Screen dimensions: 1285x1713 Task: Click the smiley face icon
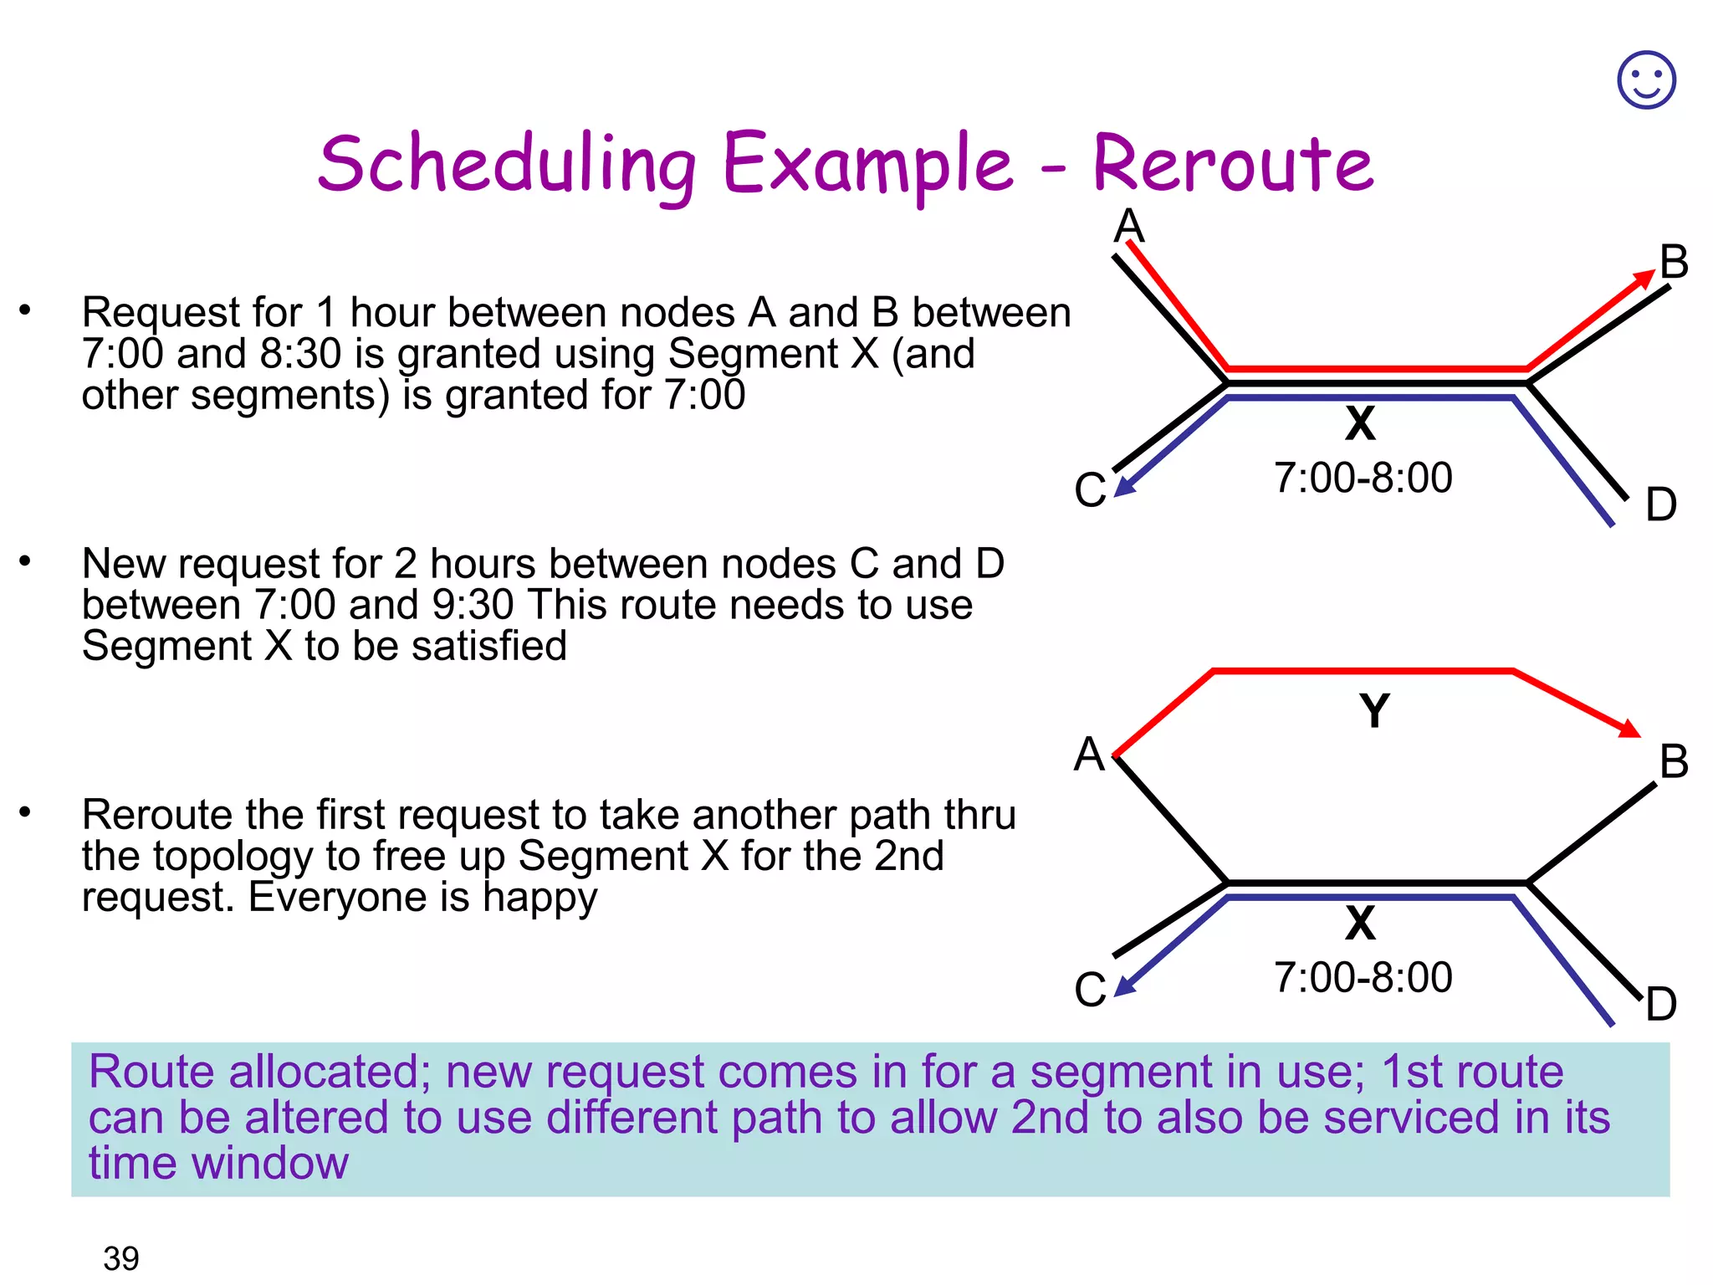(x=1646, y=80)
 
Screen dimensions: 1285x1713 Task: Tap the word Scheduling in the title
(x=507, y=165)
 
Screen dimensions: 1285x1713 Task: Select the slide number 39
(x=120, y=1257)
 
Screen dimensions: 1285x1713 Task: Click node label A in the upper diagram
(x=1129, y=225)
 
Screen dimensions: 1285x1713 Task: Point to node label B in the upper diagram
(x=1674, y=262)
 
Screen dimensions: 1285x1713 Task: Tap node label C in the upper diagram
(x=1090, y=490)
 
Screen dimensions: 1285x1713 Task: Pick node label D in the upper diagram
(x=1661, y=504)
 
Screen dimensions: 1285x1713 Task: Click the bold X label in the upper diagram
(x=1360, y=423)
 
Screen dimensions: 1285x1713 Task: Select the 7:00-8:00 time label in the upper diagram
(x=1363, y=478)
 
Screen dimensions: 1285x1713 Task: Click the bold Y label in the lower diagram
(x=1374, y=711)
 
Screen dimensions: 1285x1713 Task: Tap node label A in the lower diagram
(x=1090, y=755)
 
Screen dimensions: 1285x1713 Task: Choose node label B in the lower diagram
(x=1674, y=761)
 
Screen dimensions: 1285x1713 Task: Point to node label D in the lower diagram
(x=1661, y=1004)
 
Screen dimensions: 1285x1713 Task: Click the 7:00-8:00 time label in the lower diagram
(x=1363, y=977)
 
